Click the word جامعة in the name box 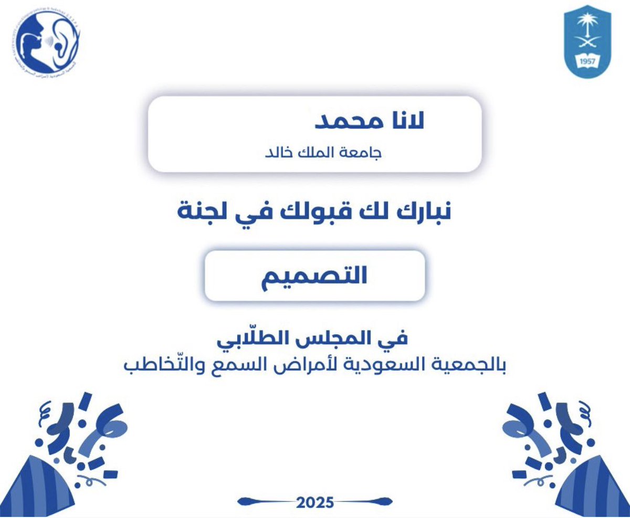(363, 152)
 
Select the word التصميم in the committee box (314, 276)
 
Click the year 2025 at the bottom (314, 502)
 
